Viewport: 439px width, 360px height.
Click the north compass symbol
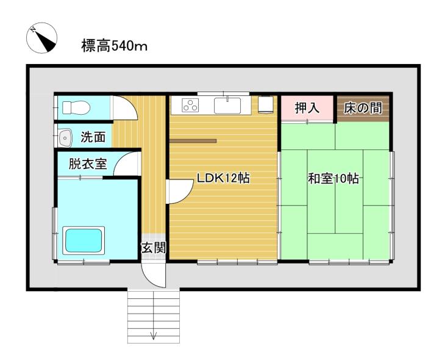[x=41, y=38]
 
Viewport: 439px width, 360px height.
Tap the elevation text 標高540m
[x=114, y=46]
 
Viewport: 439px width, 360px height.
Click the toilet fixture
[x=76, y=107]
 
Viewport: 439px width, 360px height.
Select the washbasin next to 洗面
[x=65, y=138]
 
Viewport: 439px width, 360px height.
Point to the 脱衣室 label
[x=88, y=164]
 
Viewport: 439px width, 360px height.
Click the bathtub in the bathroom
[x=84, y=240]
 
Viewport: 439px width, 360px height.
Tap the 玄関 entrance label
[x=154, y=248]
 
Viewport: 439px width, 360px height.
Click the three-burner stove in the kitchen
[x=190, y=106]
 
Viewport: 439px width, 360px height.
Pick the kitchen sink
[x=227, y=106]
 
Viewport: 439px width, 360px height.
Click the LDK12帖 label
[x=223, y=178]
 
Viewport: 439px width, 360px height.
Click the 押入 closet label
[x=307, y=108]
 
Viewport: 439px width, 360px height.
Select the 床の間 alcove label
[x=363, y=108]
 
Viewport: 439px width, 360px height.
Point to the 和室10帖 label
[x=333, y=178]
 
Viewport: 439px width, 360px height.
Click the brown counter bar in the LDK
[x=193, y=141]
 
